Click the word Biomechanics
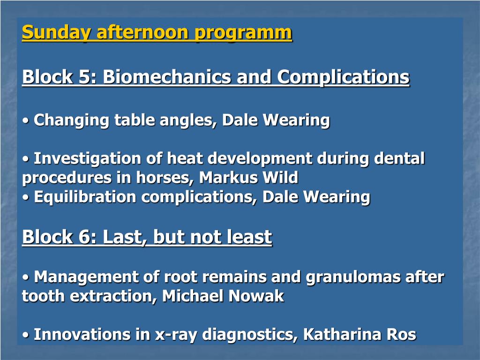click(166, 76)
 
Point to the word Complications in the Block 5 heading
click(343, 77)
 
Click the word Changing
click(71, 120)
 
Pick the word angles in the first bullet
click(188, 120)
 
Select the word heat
click(185, 158)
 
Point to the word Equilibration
click(85, 197)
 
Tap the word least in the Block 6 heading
click(249, 237)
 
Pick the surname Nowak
click(256, 296)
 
